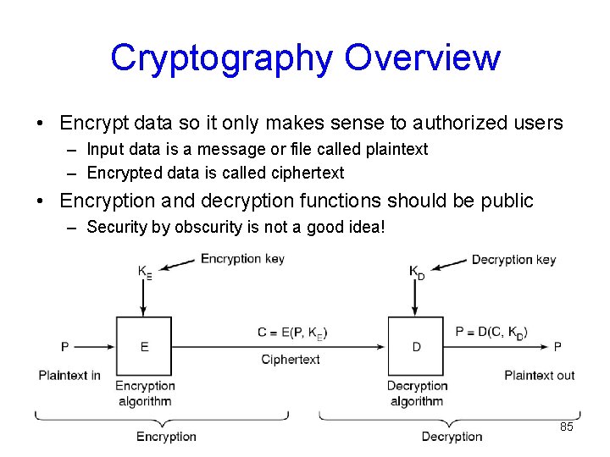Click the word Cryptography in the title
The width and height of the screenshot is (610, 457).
(222, 58)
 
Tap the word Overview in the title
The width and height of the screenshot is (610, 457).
(423, 58)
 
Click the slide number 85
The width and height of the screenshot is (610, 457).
(567, 427)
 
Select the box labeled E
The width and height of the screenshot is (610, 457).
(144, 346)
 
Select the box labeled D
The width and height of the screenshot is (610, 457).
(416, 346)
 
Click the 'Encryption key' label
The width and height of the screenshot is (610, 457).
(242, 259)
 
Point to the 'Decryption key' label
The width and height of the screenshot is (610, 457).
(513, 260)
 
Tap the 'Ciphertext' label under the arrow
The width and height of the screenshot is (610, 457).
(291, 360)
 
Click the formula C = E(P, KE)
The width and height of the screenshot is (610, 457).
(292, 333)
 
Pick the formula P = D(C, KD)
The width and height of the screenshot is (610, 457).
(491, 333)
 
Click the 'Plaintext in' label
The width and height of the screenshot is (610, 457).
(69, 375)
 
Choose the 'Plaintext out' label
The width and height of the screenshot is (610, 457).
(539, 375)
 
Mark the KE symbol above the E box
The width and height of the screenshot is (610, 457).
(145, 272)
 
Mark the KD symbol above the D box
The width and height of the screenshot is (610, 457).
(417, 272)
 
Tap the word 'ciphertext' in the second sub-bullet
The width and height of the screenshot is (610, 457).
(308, 173)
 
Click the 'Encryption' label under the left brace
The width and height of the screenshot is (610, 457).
(166, 437)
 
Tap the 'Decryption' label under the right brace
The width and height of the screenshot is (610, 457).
(452, 437)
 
